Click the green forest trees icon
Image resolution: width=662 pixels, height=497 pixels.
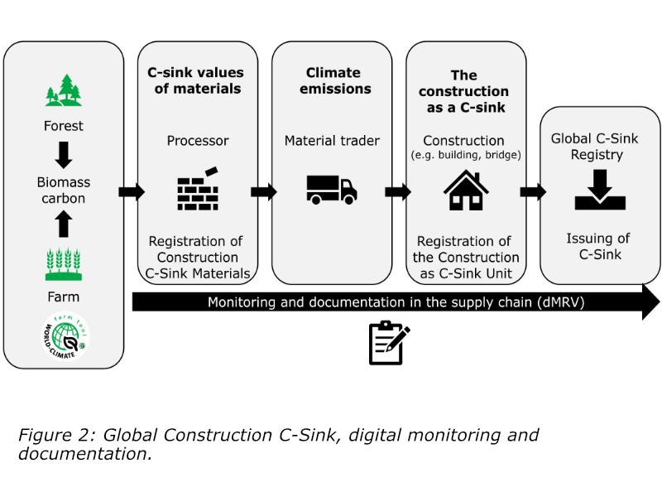point(64,90)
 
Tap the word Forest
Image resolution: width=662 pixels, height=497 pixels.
point(64,127)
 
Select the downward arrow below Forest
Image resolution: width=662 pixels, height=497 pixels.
point(64,154)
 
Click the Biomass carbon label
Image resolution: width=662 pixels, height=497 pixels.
point(64,190)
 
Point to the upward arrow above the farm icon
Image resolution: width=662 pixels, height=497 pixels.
point(64,224)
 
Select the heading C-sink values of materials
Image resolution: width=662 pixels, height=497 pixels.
point(195,81)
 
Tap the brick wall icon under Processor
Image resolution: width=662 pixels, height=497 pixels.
point(198,189)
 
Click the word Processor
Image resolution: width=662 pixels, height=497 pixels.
point(198,141)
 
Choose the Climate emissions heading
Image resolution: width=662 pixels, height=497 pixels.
point(332,81)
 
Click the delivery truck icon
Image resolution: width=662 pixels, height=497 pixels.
point(332,189)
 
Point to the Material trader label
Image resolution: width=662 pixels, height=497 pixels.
point(332,141)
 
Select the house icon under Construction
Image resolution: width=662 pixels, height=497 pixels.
point(466,190)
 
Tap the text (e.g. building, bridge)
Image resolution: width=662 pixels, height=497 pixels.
point(466,155)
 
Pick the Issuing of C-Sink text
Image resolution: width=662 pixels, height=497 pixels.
point(594,247)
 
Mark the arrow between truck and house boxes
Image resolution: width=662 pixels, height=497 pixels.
point(397,192)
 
